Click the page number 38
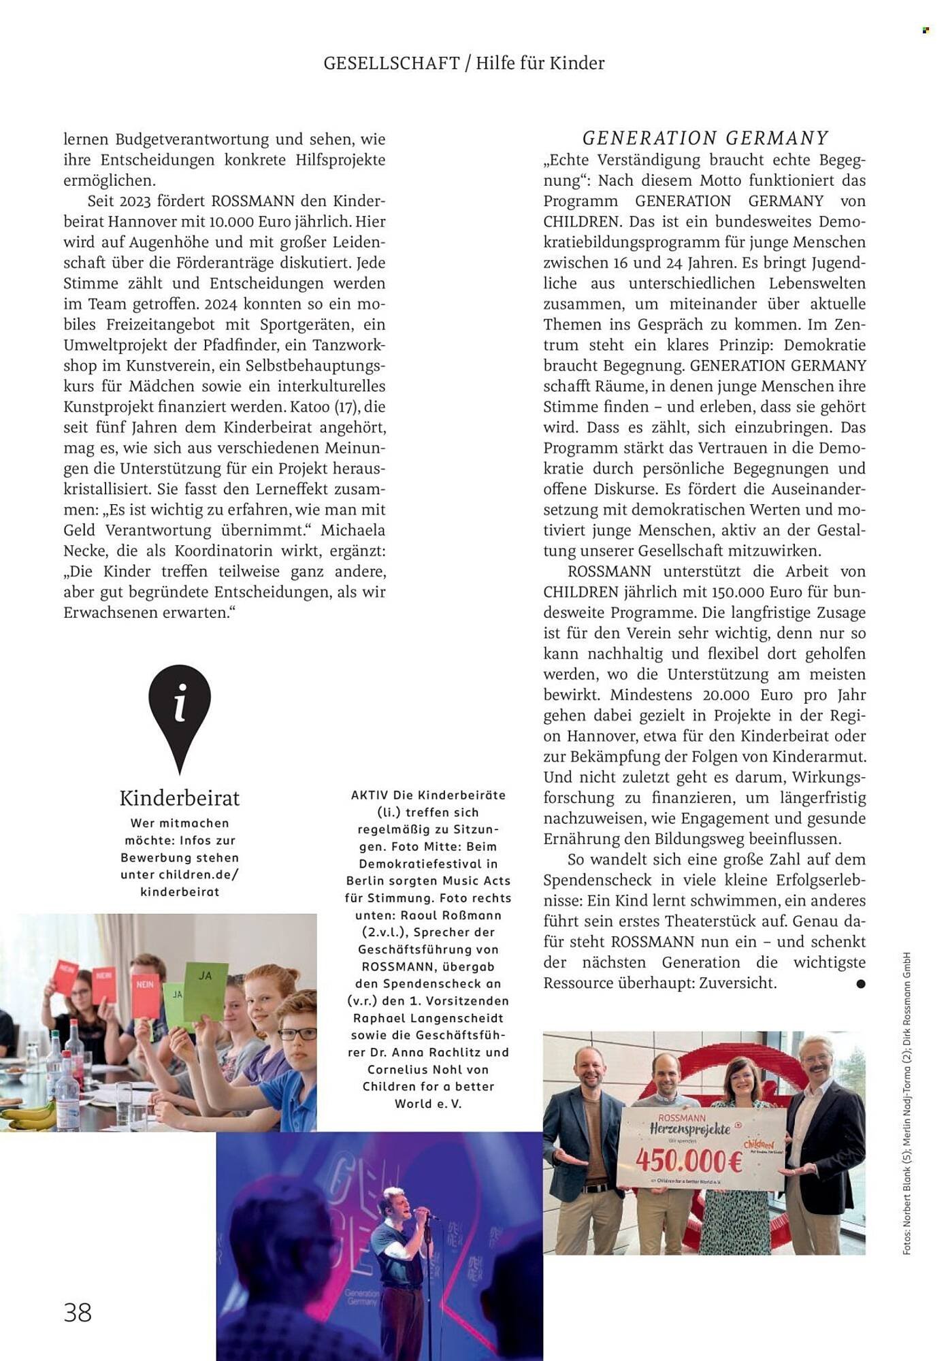point(78,1311)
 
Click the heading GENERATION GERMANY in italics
point(705,138)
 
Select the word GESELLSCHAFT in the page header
point(391,63)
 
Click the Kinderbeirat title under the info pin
point(180,798)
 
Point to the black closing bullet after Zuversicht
point(861,984)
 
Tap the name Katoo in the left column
point(312,407)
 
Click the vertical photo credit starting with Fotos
point(906,1102)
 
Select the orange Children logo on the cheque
point(759,1146)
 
